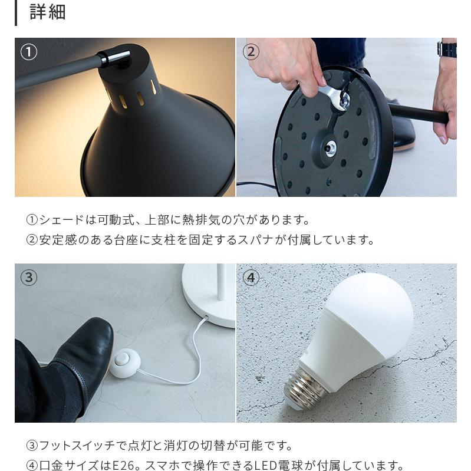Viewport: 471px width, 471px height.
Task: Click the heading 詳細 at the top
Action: pyautogui.click(x=47, y=12)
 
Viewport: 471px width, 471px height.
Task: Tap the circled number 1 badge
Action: pyautogui.click(x=29, y=52)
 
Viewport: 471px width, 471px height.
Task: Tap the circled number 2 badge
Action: pyautogui.click(x=251, y=52)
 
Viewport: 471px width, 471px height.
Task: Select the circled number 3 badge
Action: pyautogui.click(x=29, y=277)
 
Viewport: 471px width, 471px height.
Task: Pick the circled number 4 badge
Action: pyautogui.click(x=251, y=277)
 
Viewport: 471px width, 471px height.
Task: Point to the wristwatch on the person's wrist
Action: pyautogui.click(x=447, y=48)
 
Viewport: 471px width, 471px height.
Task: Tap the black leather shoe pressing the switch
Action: pyautogui.click(x=88, y=348)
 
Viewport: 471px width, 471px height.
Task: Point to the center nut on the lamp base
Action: pyautogui.click(x=331, y=147)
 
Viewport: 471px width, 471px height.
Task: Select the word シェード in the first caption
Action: pyautogui.click(x=61, y=220)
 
